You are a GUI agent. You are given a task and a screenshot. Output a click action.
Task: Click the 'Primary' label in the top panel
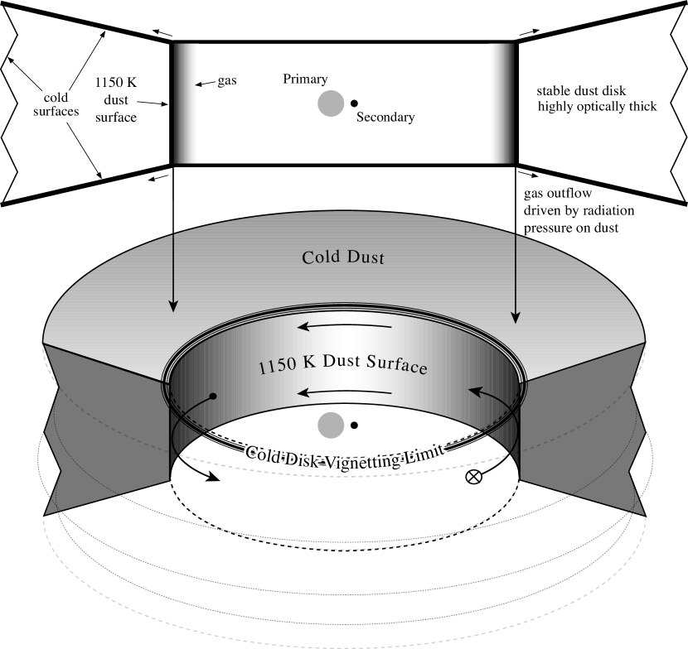[x=305, y=79]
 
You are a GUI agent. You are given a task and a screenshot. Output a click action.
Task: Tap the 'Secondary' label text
[x=385, y=118]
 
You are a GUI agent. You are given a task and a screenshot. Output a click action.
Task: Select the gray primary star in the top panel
[x=330, y=103]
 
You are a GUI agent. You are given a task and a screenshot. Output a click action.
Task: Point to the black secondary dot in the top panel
[x=354, y=103]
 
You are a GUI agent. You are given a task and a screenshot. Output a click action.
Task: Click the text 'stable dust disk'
[x=579, y=92]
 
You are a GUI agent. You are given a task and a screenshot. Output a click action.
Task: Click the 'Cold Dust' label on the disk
[x=344, y=257]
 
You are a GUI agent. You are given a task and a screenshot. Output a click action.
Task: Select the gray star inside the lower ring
[x=330, y=425]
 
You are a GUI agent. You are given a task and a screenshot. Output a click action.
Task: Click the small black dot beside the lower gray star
[x=354, y=425]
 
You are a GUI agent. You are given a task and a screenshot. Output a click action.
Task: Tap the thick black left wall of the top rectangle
[x=172, y=103]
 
